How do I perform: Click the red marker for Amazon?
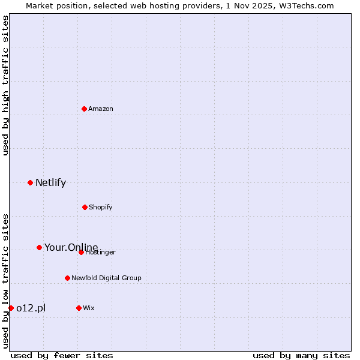coord(85,109)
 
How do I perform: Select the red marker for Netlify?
coord(30,182)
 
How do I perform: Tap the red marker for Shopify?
coord(85,207)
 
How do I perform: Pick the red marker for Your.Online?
coord(39,247)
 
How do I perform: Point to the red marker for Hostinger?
coord(81,252)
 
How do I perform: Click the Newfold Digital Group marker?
coord(67,278)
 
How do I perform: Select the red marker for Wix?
coord(79,308)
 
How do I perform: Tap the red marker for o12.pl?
coord(11,308)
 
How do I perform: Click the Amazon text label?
coord(101,109)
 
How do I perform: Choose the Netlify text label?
coord(50,183)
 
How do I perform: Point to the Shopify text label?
coord(101,207)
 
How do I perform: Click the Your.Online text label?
coord(71,247)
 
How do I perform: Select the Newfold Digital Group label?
coord(106,278)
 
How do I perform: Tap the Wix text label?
coord(89,308)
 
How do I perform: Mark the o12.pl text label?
coord(31,308)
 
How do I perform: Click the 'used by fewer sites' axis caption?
coord(62,355)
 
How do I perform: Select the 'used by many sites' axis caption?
coord(301,355)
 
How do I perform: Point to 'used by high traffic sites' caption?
coord(5,85)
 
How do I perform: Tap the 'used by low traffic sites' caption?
coord(5,281)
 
